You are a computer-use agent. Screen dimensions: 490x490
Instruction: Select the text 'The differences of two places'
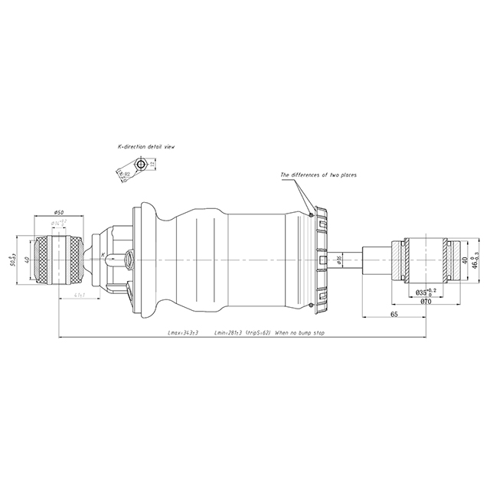pyautogui.click(x=318, y=175)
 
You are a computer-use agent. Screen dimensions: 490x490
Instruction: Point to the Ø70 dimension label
pyautogui.click(x=423, y=301)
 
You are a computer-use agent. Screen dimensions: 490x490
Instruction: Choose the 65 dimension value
pyautogui.click(x=393, y=314)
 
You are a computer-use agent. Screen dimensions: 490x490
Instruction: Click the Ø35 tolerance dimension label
pyautogui.click(x=425, y=292)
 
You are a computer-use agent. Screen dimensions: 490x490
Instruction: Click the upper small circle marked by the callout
pyautogui.click(x=309, y=214)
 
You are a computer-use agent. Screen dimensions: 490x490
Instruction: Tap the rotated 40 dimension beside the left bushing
pyautogui.click(x=28, y=260)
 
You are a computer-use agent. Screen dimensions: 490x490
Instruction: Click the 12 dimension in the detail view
pyautogui.click(x=153, y=164)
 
